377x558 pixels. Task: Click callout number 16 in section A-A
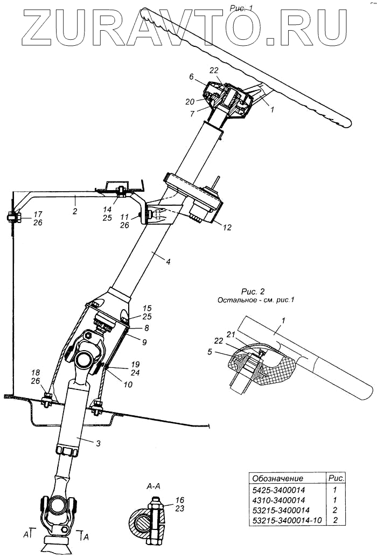[165, 500]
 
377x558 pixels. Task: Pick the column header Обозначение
[278, 478]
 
